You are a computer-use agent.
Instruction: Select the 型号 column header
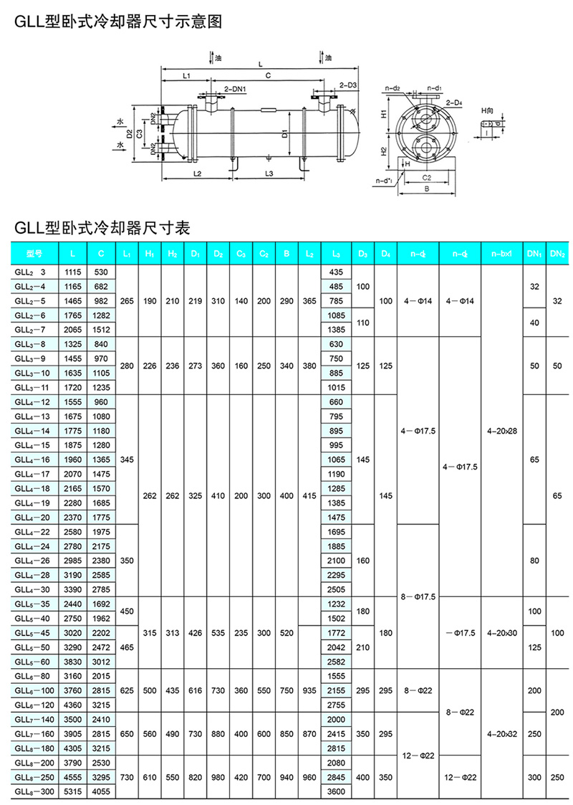34,253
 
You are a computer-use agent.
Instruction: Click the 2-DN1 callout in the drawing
236,89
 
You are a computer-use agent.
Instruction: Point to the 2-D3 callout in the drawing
348,85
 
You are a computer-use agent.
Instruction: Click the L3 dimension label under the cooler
266,174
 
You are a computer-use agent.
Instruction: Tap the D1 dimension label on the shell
285,134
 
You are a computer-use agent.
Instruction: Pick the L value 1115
74,272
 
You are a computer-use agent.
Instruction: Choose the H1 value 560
148,733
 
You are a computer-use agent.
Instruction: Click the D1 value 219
195,301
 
